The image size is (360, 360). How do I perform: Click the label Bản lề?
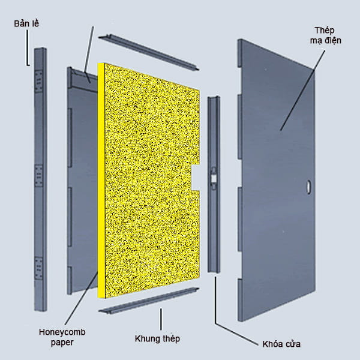tap(27, 24)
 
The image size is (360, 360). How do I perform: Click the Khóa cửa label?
tap(281, 344)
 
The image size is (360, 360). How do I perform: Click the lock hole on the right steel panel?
tap(308, 187)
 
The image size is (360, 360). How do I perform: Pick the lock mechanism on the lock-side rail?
tap(214, 178)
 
